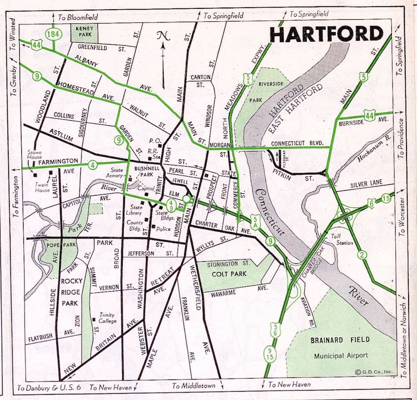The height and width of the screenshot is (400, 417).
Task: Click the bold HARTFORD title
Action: pyautogui.click(x=327, y=34)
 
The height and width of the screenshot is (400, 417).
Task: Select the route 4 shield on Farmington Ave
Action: pyautogui.click(x=92, y=165)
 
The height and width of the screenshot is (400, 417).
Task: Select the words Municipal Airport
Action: pyautogui.click(x=341, y=356)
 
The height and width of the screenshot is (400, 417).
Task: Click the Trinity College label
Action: pyautogui.click(x=107, y=318)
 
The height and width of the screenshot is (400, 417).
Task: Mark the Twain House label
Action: pyautogui.click(x=42, y=187)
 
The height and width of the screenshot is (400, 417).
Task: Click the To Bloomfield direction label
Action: pyautogui.click(x=77, y=17)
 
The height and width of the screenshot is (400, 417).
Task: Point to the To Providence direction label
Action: pyautogui.click(x=401, y=138)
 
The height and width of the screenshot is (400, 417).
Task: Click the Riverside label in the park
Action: pyautogui.click(x=271, y=84)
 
